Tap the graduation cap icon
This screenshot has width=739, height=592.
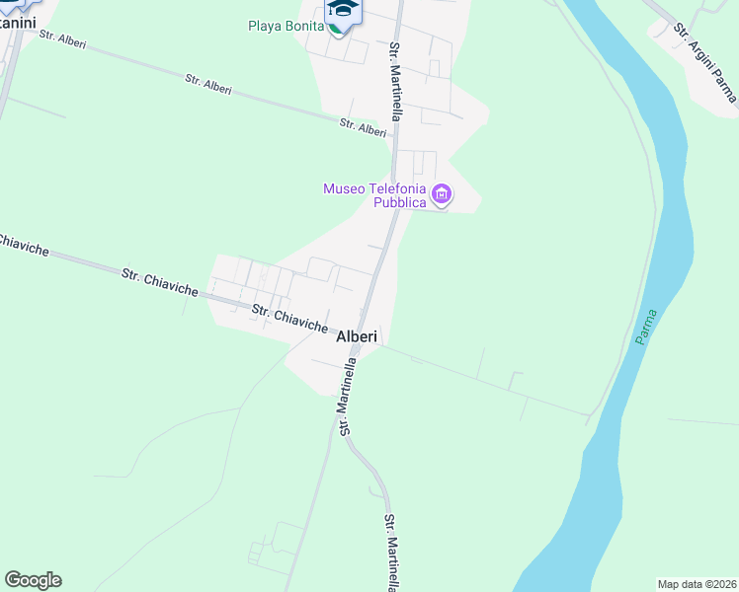coord(343,10)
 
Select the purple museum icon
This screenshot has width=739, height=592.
coord(442,194)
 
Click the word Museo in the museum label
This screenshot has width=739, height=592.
coord(346,188)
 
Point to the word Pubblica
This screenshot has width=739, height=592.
coord(399,202)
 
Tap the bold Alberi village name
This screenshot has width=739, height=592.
coord(357,336)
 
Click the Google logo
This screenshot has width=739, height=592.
coord(33,580)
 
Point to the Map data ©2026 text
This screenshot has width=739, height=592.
coord(698,583)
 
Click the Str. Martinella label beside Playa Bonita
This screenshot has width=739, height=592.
coord(395,82)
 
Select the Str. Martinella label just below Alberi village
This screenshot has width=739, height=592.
coord(348,397)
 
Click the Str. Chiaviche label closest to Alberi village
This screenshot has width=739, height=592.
coord(289,318)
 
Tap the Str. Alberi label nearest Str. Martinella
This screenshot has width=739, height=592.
coord(363,128)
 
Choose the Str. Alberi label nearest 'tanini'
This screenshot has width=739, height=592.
coord(61,39)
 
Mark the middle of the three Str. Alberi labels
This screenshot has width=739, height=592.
coord(208,84)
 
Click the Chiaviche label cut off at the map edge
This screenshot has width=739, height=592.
coord(20,246)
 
